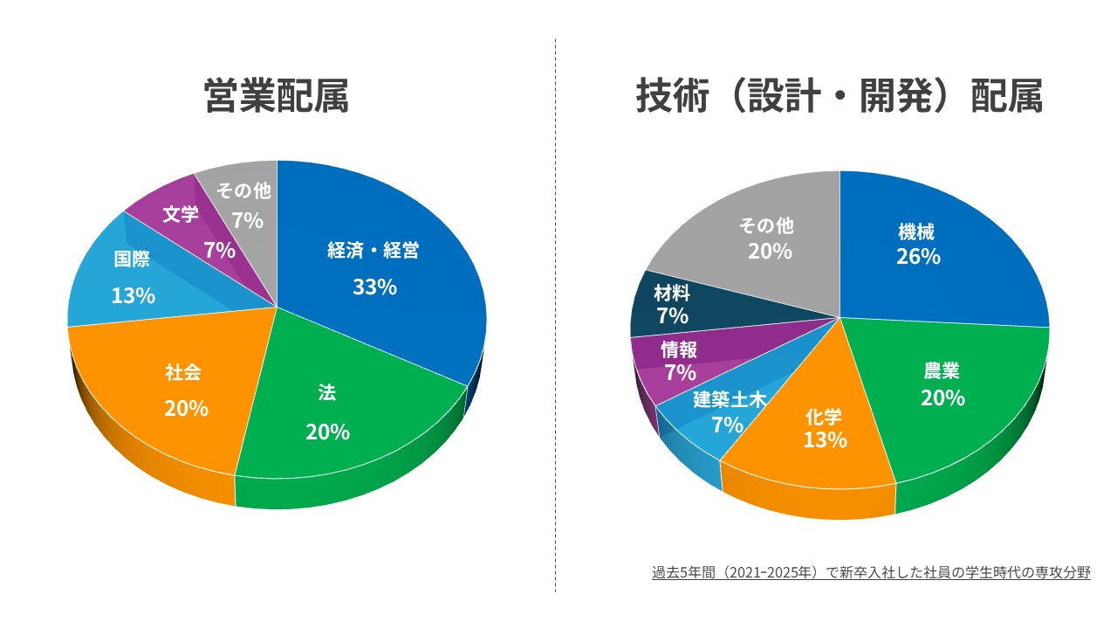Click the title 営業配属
(276, 96)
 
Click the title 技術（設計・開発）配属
(839, 96)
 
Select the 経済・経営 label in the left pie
(373, 251)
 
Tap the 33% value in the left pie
(374, 287)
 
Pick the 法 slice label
(327, 393)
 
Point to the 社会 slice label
(184, 372)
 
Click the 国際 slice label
(132, 259)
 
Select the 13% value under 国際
(133, 295)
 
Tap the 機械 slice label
(916, 232)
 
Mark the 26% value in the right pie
(917, 257)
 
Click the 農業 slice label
(942, 371)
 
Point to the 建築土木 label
(730, 400)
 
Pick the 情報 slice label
(679, 349)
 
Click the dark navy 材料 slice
(672, 304)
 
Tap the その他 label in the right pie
(767, 226)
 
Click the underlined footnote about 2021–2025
(871, 573)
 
